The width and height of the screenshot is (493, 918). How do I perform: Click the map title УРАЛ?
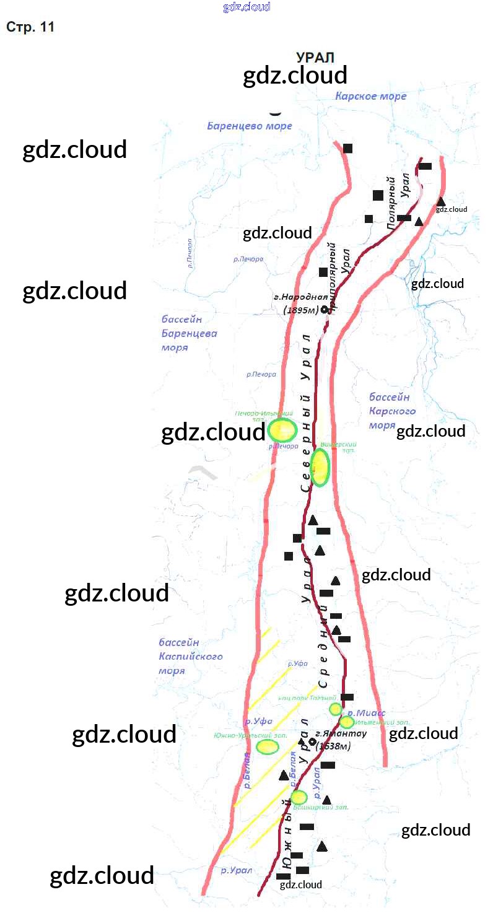click(x=315, y=58)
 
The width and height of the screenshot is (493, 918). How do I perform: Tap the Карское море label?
click(x=370, y=96)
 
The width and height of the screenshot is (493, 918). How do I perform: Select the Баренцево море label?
click(x=249, y=126)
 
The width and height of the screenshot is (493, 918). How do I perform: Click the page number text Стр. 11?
click(x=30, y=27)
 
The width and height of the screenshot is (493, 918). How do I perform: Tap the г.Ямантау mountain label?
click(x=341, y=733)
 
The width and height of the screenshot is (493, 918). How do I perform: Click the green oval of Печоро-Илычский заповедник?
click(x=282, y=430)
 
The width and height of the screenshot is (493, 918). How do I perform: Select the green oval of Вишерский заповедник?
click(x=320, y=467)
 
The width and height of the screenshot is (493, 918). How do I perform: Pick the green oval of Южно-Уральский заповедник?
click(x=268, y=746)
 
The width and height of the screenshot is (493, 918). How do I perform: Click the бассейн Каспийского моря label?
click(x=190, y=657)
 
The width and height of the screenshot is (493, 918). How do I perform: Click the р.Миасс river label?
click(x=366, y=713)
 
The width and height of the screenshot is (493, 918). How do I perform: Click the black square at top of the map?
click(x=348, y=148)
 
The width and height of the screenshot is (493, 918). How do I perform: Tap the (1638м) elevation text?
click(x=333, y=746)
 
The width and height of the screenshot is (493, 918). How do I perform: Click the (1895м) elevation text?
click(x=300, y=310)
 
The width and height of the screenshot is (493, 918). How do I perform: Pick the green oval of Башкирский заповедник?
click(x=299, y=797)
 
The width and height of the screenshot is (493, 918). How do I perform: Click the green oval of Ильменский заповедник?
click(x=346, y=722)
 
